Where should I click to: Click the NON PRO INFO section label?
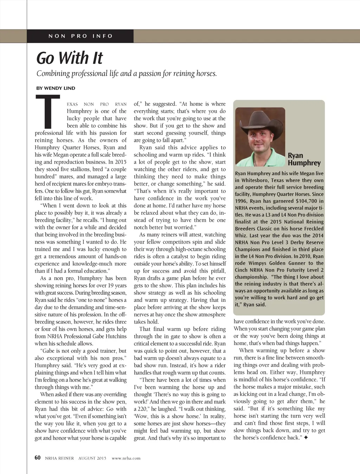tap(81, 36)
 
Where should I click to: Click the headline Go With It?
tap(70, 58)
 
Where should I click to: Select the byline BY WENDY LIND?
tap(56, 88)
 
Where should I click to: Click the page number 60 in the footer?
tap(38, 457)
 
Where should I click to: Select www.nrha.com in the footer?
tap(126, 458)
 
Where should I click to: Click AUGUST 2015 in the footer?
tap(92, 458)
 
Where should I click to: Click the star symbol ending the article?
tap(306, 438)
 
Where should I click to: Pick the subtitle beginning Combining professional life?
tap(127, 73)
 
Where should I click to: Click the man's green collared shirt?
tap(260, 158)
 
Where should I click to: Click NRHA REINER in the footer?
tap(59, 458)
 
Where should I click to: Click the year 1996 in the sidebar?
tap(241, 201)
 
